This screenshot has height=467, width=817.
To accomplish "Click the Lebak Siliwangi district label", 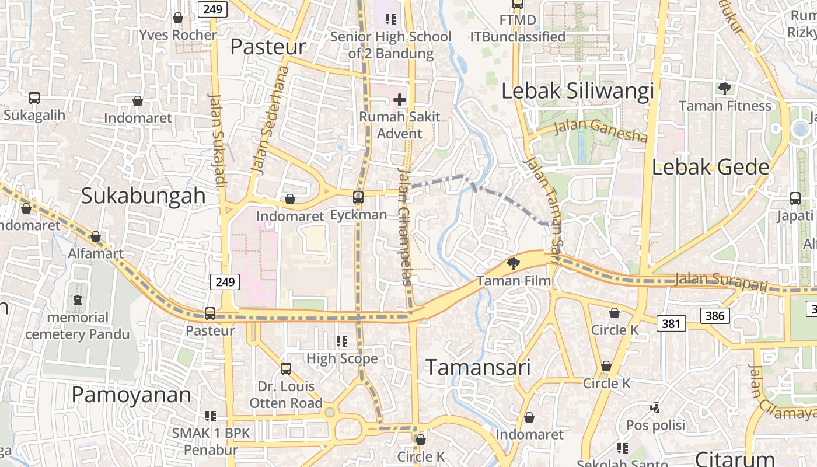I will tap(578, 92).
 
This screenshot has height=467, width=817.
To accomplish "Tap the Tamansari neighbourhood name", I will tap(478, 367).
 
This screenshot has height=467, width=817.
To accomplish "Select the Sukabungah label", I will tap(144, 196).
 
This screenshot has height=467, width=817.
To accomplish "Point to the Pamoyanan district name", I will tap(131, 395).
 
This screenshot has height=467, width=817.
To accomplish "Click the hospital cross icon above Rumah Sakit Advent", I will tap(400, 100).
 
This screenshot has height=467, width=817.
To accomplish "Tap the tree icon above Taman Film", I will tap(514, 264).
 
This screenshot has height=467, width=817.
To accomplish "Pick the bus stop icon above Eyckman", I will tap(358, 197).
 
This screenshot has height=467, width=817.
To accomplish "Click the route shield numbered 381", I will tap(671, 323).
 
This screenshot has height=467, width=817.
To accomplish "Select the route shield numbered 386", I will tap(715, 316).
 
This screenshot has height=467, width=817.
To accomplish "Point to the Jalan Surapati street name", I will tap(720, 282).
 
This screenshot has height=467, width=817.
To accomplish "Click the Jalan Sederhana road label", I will tap(270, 121).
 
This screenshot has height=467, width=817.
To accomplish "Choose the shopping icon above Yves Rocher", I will tap(178, 18).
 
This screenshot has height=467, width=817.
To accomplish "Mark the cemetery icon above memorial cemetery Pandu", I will tap(78, 300).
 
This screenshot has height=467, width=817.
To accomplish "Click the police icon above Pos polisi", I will tap(655, 407).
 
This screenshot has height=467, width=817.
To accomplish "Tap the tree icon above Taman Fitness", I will tap(725, 89).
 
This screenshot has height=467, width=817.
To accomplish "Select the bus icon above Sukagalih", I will tap(34, 97).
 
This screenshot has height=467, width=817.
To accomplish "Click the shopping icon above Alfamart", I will tap(96, 236).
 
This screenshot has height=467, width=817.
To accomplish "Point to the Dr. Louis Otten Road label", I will tap(286, 395).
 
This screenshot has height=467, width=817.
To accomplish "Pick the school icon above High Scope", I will tap(342, 341).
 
